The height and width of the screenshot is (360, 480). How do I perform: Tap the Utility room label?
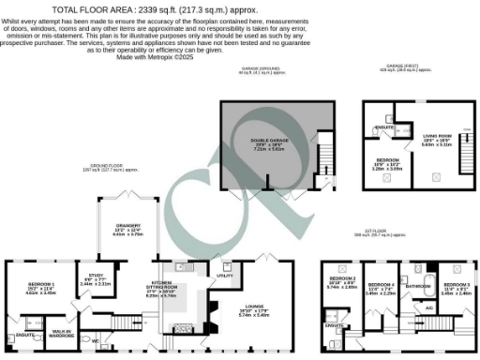(224, 276)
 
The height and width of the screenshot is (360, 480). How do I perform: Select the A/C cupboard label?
(428, 308)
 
